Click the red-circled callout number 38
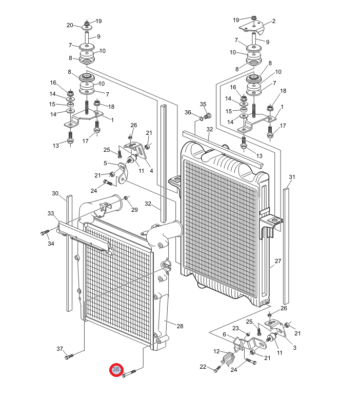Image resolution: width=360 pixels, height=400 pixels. tap(116, 369)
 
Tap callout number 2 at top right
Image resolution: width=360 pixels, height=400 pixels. tap(274, 21)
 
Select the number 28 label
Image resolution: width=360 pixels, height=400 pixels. tap(180, 326)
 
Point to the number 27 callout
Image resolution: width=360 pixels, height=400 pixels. tap(278, 261)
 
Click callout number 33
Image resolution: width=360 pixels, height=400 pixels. tap(51, 213)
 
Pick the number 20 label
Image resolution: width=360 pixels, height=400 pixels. tap(70, 25)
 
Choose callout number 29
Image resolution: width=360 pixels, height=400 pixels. tap(134, 209)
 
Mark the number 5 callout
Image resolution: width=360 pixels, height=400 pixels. tap(105, 163)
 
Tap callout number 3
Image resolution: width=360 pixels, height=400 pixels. tap(295, 348)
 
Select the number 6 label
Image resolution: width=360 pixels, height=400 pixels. tap(224, 334)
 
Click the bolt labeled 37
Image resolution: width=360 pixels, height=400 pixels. tap(69, 356)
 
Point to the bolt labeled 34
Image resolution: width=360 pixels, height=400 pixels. tap(45, 232)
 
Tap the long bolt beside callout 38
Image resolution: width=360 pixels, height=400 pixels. tap(129, 374)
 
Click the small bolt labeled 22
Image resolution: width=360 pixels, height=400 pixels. tap(217, 369)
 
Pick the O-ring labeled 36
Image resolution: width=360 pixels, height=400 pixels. tap(202, 118)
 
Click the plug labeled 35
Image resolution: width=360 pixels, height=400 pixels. tap(208, 116)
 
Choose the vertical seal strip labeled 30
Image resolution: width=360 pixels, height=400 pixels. tap(69, 253)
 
